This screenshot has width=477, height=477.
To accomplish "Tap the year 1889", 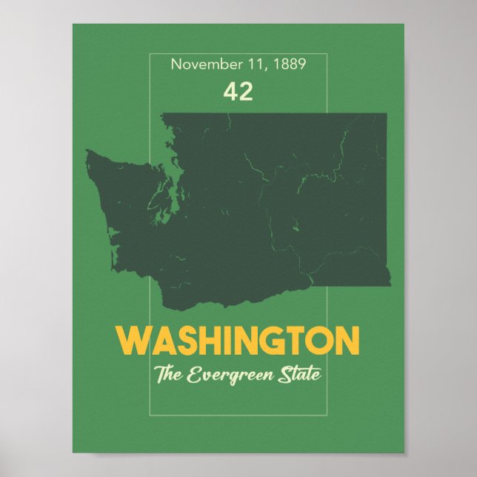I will click(x=290, y=64).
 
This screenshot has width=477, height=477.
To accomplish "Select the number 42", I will click(x=238, y=91).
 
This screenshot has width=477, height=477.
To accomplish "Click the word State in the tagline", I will click(x=303, y=374).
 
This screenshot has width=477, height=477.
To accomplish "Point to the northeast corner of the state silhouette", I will click(x=385, y=115).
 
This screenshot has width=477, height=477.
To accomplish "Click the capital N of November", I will click(x=176, y=64).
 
